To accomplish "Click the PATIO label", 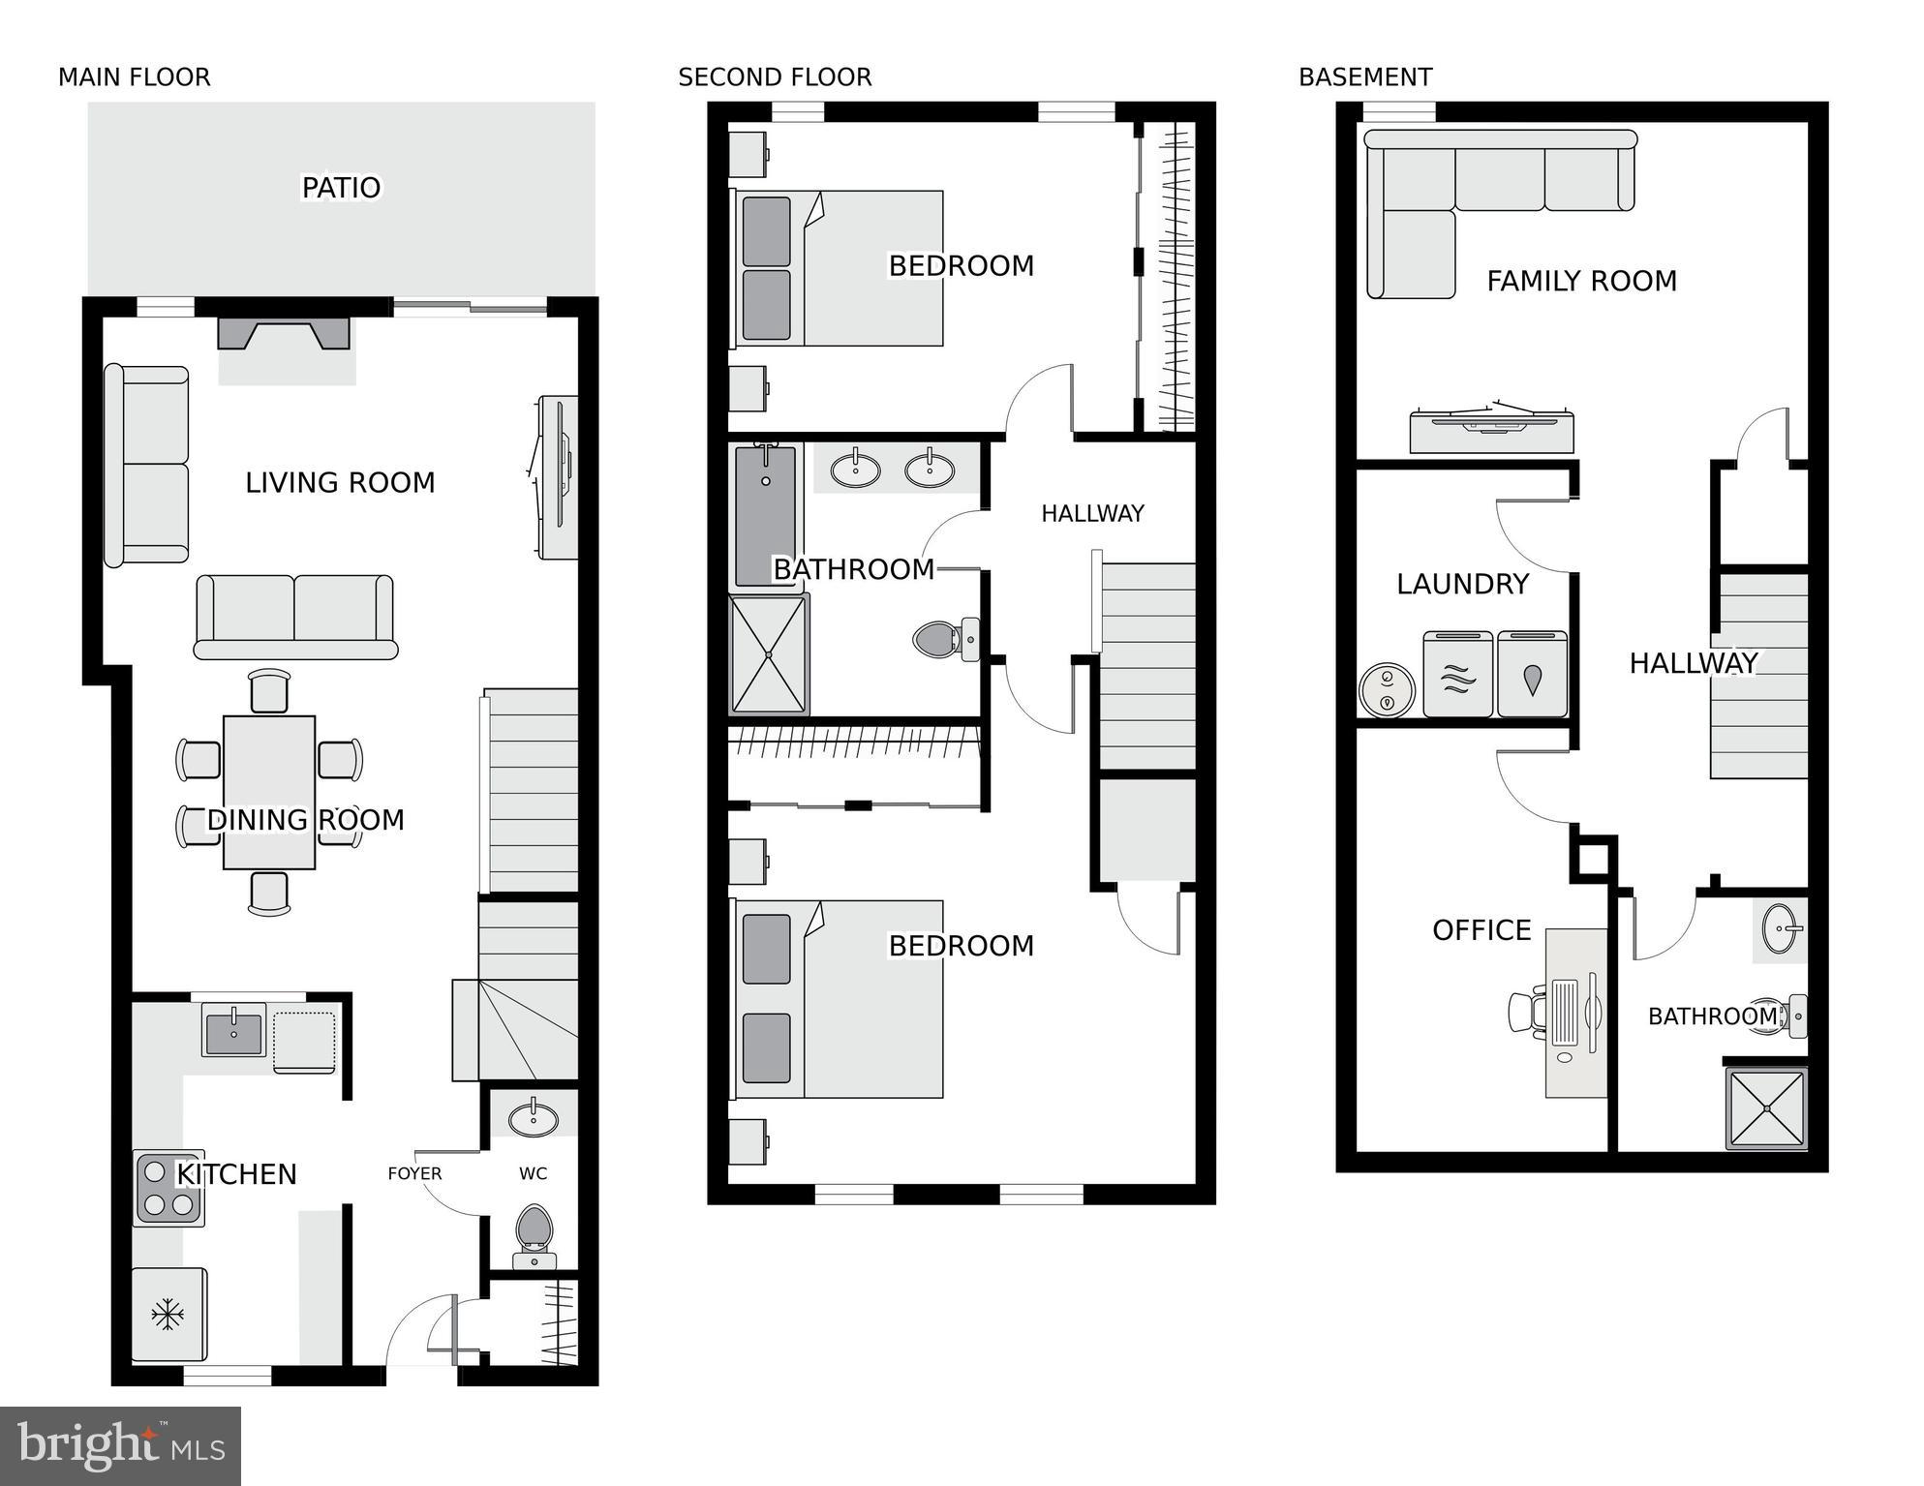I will point(341,188).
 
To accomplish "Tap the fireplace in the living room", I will point(283,334).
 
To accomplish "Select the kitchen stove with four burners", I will point(168,1190).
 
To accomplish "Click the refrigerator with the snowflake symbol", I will point(168,1315).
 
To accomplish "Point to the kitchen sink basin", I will point(232,1030).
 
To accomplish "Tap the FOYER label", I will point(414,1174).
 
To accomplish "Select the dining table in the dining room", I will point(269,793).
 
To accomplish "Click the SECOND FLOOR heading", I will point(775,77).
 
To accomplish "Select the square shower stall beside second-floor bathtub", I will point(769,655).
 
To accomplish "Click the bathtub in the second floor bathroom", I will point(765,516).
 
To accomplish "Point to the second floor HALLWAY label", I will point(1092,514).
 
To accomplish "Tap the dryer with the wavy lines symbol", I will point(1458,676).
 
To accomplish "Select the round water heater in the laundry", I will point(1387,690).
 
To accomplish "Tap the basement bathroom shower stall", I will point(1767,1108).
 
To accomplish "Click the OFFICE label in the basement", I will point(1481,930).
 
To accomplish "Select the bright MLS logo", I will point(120,1445).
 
